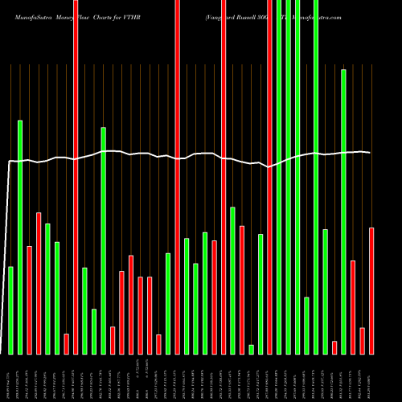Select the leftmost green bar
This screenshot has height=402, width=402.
(x=11, y=310)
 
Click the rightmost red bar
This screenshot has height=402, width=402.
(x=371, y=290)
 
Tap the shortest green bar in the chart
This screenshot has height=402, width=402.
(x=252, y=349)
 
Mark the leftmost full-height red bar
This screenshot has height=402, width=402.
(x=76, y=177)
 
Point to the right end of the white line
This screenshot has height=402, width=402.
(x=370, y=153)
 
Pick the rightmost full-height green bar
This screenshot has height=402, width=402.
(x=316, y=177)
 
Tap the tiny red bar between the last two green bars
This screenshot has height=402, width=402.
(x=334, y=347)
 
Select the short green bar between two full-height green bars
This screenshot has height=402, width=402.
(x=307, y=326)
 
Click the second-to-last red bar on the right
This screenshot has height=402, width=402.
(x=363, y=341)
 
